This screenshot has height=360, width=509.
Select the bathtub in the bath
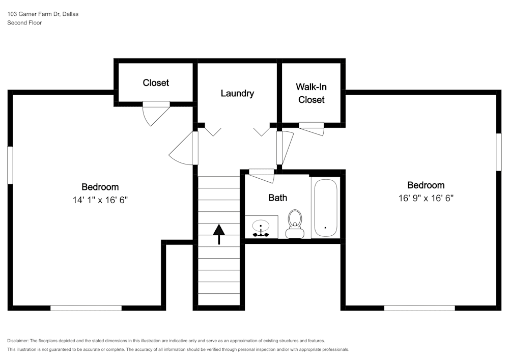pyautogui.click(x=325, y=208)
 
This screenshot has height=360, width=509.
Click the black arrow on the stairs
pyautogui.click(x=219, y=234)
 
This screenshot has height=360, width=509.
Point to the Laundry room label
pyautogui.click(x=237, y=93)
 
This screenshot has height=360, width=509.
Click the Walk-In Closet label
pyautogui.click(x=312, y=93)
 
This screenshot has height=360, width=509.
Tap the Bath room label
pyautogui.click(x=277, y=198)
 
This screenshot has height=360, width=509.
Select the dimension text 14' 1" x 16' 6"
pyautogui.click(x=100, y=200)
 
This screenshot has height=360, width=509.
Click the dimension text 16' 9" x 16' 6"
pyautogui.click(x=426, y=199)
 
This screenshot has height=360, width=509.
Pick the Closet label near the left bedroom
pyautogui.click(x=156, y=82)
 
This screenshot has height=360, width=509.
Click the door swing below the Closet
pyautogui.click(x=154, y=113)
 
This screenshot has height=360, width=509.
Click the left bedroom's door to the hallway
pyautogui.click(x=184, y=149)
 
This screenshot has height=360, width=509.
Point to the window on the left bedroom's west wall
pyautogui.click(x=10, y=165)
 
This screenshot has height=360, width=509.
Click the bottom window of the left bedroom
pyautogui.click(x=86, y=308)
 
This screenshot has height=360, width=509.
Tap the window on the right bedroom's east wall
pyautogui.click(x=499, y=152)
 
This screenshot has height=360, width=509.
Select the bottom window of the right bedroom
pyautogui.click(x=419, y=308)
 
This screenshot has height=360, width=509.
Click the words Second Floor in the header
pyautogui.click(x=24, y=23)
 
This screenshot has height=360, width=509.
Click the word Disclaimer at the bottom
pyautogui.click(x=18, y=341)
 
